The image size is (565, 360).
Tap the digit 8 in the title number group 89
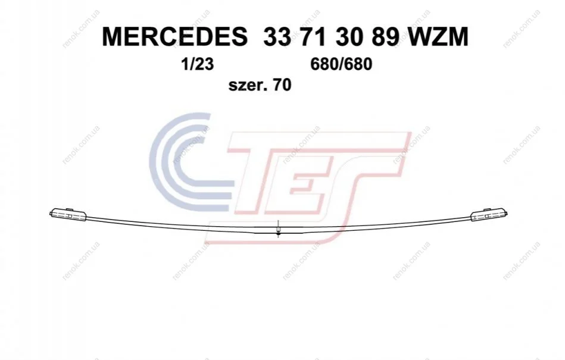pos(379,37)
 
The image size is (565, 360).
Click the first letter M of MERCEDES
pos(113,37)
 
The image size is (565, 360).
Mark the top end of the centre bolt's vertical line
pos(278,220)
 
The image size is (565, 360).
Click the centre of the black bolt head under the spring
pos(278,234)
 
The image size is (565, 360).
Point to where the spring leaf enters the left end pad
pos(86,217)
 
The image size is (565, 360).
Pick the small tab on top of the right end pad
pos(486,209)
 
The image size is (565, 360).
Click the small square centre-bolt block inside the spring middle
pos(278,230)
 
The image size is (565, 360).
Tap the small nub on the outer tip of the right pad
pos(507,214)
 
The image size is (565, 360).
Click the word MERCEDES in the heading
pos(175,37)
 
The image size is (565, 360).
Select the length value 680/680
pos(341,65)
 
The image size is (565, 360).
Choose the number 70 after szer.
pos(282,86)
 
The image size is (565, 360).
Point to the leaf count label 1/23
pos(198,65)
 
